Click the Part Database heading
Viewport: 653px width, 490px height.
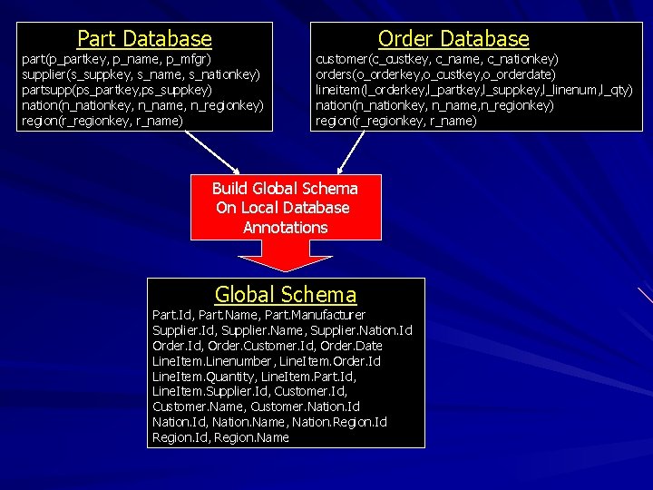click(144, 39)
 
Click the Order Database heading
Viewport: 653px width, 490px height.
click(453, 39)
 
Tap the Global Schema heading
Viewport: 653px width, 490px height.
click(286, 295)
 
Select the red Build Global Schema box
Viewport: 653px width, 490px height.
click(285, 208)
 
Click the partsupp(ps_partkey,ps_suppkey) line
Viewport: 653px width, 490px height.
click(117, 90)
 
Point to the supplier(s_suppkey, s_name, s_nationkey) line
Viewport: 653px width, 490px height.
click(141, 73)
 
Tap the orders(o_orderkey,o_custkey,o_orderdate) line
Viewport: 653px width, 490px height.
click(436, 73)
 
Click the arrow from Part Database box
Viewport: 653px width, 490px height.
click(214, 152)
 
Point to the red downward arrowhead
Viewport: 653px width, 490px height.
click(286, 258)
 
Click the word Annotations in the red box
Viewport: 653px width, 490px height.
click(285, 228)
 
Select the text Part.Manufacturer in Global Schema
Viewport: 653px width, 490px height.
click(315, 315)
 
